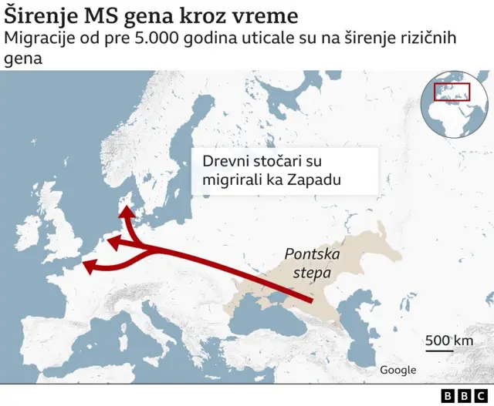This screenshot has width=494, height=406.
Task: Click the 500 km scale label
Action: (x=448, y=341)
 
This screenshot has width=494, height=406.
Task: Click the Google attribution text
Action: (x=398, y=370)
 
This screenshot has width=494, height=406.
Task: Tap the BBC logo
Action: (x=462, y=394)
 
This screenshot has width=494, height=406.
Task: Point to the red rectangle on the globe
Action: (x=451, y=92)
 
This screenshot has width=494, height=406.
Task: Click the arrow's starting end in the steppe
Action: (x=310, y=301)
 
